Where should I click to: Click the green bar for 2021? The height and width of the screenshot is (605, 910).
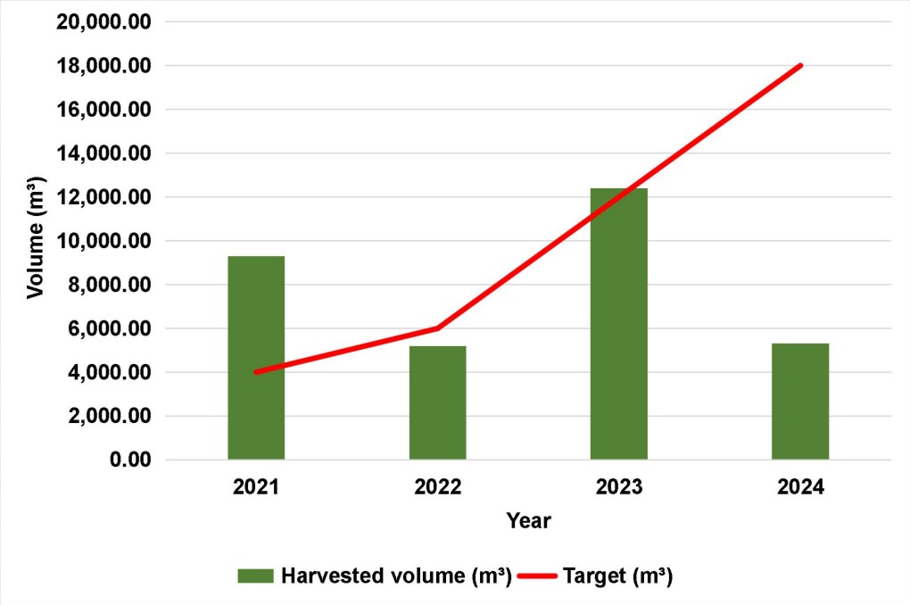tap(256, 358)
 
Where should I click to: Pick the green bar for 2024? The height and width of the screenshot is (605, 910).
tap(800, 402)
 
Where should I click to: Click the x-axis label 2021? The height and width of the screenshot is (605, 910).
tap(256, 487)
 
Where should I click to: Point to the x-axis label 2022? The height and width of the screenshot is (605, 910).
tap(437, 487)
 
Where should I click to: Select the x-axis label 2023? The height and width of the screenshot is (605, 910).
tap(619, 487)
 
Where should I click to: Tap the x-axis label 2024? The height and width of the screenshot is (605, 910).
tap(800, 487)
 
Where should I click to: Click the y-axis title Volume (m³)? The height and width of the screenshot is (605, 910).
tap(35, 240)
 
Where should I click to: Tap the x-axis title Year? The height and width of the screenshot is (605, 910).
tap(528, 520)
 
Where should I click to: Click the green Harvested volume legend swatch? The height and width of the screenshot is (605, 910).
tap(256, 576)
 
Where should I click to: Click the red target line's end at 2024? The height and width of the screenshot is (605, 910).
tap(800, 65)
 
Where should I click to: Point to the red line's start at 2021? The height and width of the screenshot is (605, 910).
tap(256, 372)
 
